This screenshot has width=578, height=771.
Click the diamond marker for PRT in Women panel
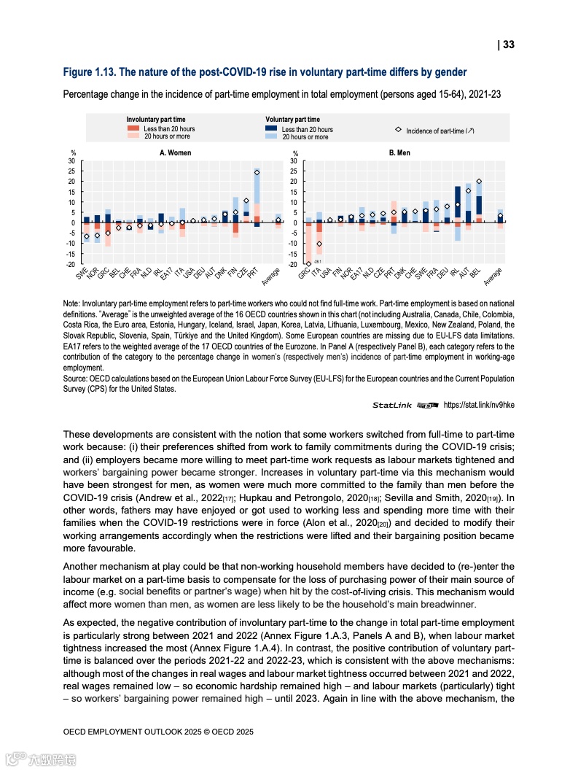[257, 173]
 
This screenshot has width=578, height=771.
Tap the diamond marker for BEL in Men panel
[479, 182]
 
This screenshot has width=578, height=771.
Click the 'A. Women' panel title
[176, 153]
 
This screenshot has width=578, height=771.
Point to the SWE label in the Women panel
[81, 274]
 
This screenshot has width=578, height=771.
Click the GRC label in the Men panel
[304, 274]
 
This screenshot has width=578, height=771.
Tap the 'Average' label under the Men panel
[493, 276]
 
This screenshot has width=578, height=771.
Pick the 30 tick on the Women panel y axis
[71, 160]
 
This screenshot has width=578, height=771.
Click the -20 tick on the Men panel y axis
[293, 264]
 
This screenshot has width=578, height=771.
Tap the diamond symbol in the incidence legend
[398, 130]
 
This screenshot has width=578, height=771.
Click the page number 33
[508, 44]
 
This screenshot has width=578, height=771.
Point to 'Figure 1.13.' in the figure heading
[88, 72]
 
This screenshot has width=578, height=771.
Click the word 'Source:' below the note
[77, 379]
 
